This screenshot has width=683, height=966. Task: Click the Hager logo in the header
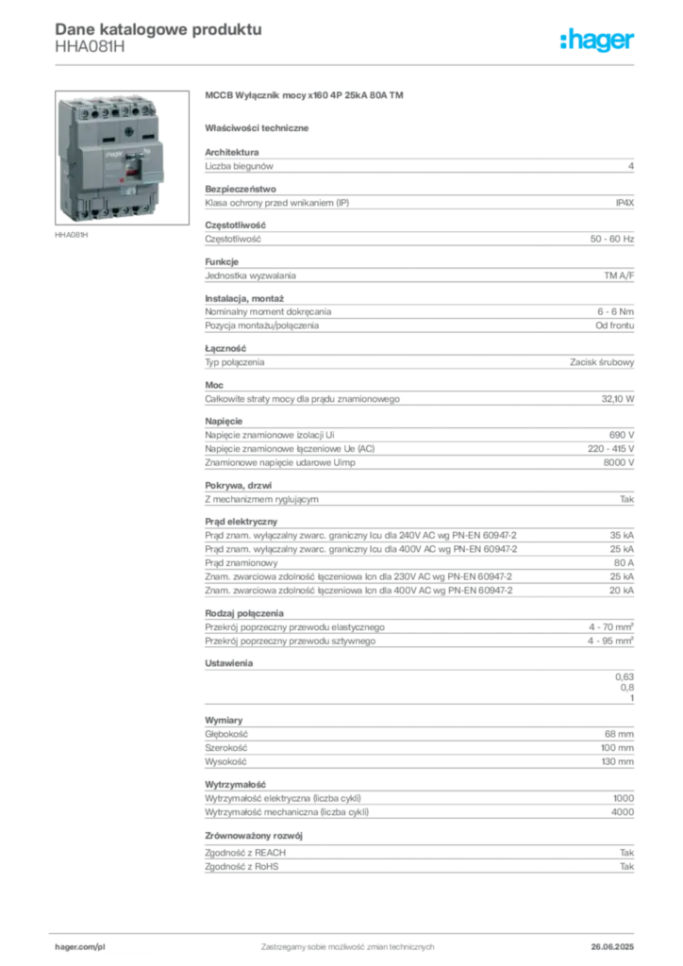click(596, 41)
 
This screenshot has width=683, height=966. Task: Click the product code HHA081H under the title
click(90, 47)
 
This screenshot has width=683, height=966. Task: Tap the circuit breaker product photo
click(122, 158)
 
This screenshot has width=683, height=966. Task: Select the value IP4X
click(625, 203)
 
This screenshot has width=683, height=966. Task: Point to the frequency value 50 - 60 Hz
click(612, 239)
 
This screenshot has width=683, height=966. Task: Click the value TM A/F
click(619, 275)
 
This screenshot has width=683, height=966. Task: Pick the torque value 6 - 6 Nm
click(615, 311)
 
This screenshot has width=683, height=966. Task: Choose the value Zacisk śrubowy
click(602, 362)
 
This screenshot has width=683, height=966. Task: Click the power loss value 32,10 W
click(618, 399)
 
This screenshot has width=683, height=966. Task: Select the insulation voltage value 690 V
click(622, 435)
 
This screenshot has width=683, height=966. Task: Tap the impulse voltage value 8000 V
click(618, 462)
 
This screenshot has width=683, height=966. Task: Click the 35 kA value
click(622, 536)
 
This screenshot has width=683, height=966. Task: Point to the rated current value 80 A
click(624, 562)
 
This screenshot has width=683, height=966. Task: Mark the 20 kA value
click(622, 591)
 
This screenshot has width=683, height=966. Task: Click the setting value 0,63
click(625, 676)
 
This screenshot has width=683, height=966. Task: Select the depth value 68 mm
click(619, 734)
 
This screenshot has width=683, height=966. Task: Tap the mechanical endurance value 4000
click(623, 812)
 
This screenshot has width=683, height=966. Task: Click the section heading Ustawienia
click(229, 663)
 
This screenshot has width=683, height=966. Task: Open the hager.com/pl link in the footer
click(80, 947)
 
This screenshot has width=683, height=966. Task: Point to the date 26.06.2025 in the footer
click(612, 947)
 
